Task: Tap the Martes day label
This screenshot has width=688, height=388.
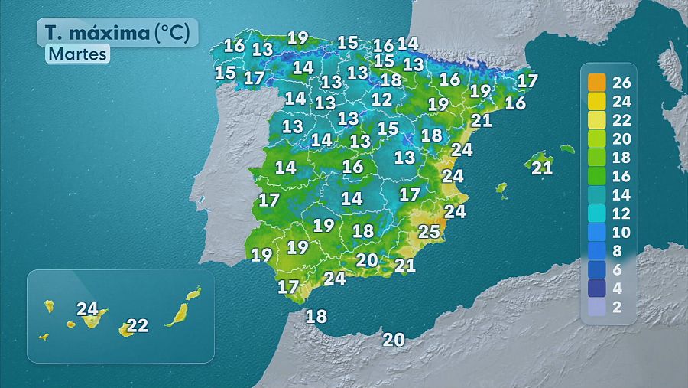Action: [77, 54]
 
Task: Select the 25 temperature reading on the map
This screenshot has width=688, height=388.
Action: [429, 231]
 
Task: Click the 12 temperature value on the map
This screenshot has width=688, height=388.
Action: [381, 99]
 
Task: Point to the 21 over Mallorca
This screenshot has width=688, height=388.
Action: [541, 168]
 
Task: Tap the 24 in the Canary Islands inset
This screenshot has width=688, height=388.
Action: [88, 309]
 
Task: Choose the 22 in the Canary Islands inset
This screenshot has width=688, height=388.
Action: [137, 325]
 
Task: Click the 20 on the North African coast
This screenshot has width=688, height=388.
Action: [394, 340]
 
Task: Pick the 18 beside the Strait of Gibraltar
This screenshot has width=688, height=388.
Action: [316, 315]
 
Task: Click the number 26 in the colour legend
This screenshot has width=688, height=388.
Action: [621, 82]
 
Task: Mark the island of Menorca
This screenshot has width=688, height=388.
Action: [566, 148]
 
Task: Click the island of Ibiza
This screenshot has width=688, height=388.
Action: [501, 187]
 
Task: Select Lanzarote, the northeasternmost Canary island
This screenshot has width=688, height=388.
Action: [194, 292]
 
